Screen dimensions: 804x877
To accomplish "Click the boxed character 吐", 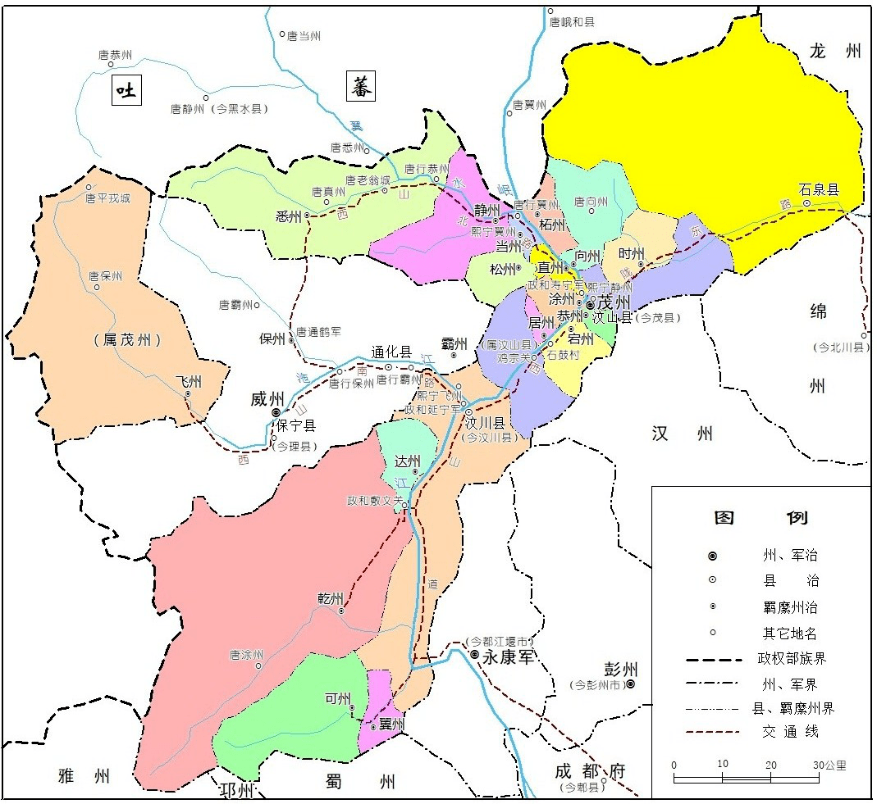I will pyautogui.click(x=126, y=90).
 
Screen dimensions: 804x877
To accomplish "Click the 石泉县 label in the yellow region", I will pyautogui.click(x=820, y=189).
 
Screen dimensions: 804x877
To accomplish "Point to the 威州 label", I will pyautogui.click(x=267, y=399).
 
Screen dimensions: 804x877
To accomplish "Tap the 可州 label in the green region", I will pyautogui.click(x=337, y=698).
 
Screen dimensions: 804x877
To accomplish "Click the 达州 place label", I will pyautogui.click(x=407, y=461).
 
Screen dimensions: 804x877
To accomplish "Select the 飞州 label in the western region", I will pyautogui.click(x=188, y=382).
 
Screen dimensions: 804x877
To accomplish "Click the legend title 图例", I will pyautogui.click(x=761, y=518).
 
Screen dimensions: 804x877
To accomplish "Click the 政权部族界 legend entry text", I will pyautogui.click(x=788, y=659).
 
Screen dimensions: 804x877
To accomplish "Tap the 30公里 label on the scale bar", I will pyautogui.click(x=830, y=765).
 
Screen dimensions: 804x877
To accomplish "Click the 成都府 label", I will pyautogui.click(x=589, y=771).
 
